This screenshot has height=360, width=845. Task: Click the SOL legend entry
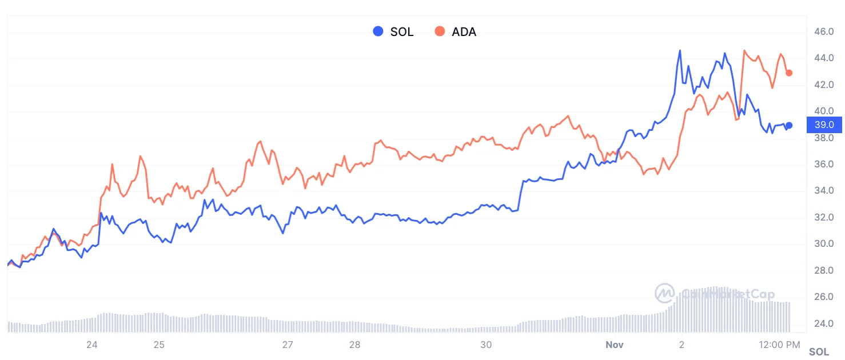393,32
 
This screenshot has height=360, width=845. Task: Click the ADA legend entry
456,32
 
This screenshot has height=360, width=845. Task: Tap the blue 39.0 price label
823,125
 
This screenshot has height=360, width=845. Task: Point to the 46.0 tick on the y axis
824,31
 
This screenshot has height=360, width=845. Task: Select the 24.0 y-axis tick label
824,323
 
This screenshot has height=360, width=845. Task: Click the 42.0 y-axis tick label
824,85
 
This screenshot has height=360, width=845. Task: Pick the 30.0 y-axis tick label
824,244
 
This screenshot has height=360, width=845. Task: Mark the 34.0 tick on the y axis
824,191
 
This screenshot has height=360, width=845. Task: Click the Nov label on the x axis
614,345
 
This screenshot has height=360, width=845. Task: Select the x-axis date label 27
288,345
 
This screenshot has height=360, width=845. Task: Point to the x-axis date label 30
486,345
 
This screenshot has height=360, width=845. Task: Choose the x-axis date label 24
91,345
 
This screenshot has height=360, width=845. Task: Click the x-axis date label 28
355,345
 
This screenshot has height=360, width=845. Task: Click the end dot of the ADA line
789,73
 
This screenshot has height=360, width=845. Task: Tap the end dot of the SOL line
789,125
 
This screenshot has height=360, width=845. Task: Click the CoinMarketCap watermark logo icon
665,294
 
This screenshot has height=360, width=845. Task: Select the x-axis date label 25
159,345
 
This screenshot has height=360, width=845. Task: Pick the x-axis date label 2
681,345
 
